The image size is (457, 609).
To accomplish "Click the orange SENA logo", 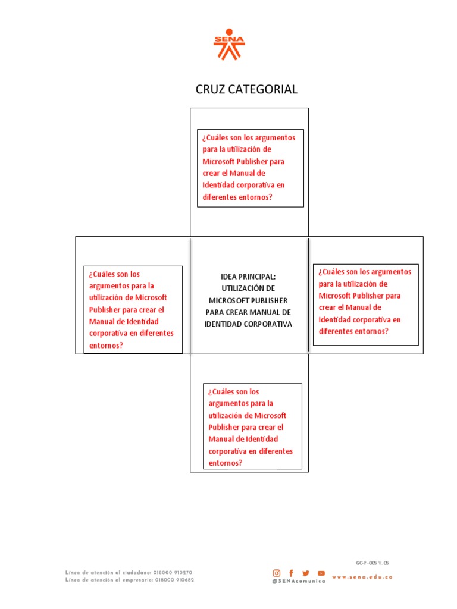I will pos(229,45).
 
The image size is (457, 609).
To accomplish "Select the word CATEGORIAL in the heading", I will pos(265,89).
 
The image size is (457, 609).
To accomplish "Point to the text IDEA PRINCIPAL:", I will pos(248,277).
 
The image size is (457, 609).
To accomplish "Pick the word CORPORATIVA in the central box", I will pos(268,324).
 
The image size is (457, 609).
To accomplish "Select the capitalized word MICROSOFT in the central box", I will pos(228,300).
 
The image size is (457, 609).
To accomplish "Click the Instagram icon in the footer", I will pos(276,573).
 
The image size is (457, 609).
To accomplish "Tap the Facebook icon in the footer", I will pos(291,573).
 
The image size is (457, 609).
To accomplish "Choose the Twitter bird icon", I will pos(306,573).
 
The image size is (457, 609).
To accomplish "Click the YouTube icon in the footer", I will pos(321,573).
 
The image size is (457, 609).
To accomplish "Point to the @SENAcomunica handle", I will pos(299,581).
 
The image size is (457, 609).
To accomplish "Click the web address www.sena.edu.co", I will pos(362,577).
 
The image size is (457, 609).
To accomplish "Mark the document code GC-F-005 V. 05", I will pos(373,562).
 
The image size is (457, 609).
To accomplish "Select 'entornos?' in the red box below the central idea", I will pos(226,463).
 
